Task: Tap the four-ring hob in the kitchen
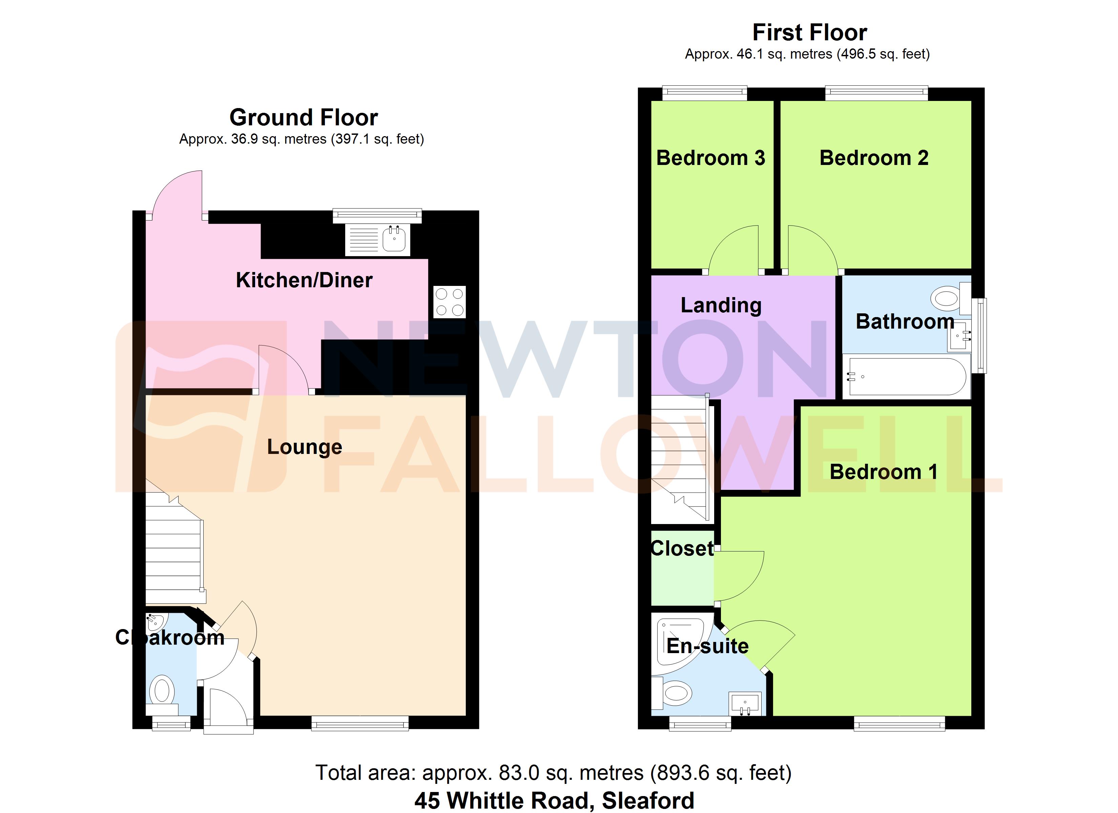point(449,302)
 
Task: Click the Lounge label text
point(304,447)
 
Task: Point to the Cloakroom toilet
point(162,690)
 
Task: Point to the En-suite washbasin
point(745,703)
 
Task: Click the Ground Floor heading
point(304,117)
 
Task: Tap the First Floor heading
point(809,33)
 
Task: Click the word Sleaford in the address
point(648,800)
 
